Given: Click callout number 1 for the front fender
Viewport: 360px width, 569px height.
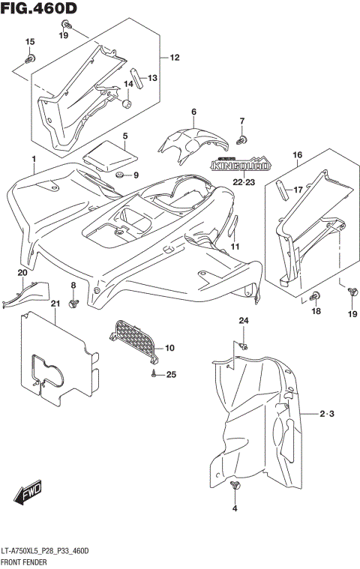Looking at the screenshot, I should click(34, 159).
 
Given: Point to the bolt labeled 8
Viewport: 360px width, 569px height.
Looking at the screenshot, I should click(73, 303).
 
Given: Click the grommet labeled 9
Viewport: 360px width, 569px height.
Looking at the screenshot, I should click(118, 175).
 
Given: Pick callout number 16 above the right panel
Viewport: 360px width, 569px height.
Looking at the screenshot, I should click(297, 155).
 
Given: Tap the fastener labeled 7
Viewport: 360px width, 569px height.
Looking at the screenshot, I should click(241, 138).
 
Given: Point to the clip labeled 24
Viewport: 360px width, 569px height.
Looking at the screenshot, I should click(244, 344).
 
